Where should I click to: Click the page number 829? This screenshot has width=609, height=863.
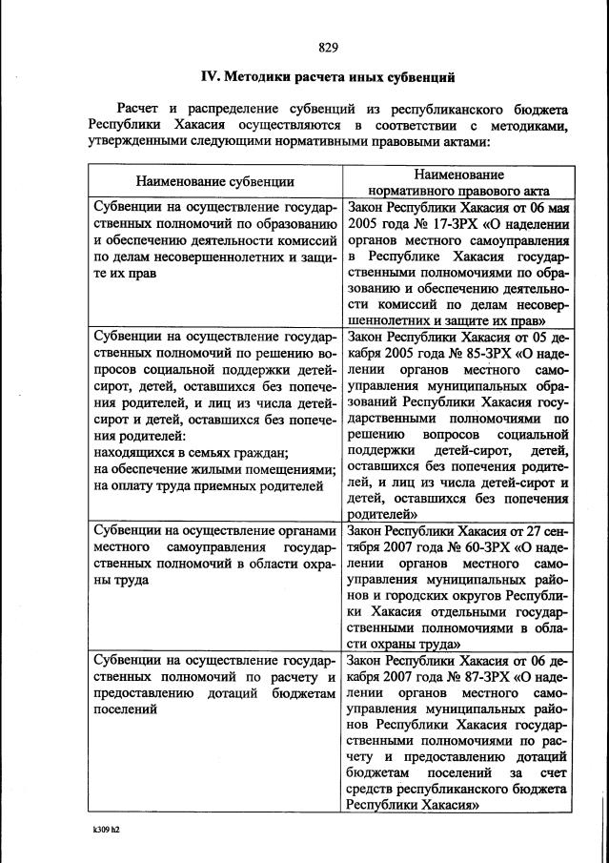click(x=329, y=47)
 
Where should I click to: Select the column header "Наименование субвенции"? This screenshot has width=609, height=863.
click(x=214, y=180)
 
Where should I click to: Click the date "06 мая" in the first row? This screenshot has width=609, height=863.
click(x=551, y=206)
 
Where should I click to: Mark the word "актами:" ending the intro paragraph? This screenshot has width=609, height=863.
click(x=463, y=142)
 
